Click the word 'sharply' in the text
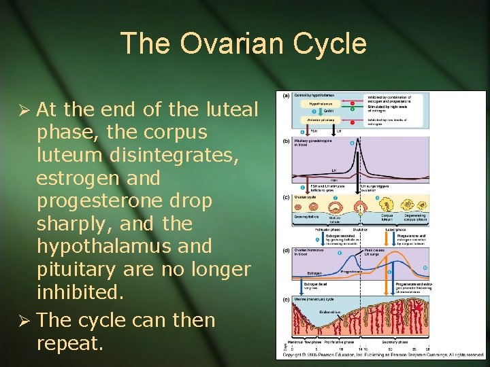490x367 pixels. [x=71, y=224]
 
